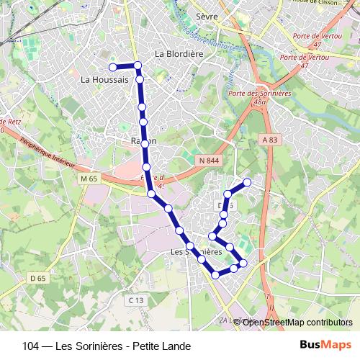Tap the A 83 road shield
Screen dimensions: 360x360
coord(270,139)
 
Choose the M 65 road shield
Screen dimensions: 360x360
coord(89,178)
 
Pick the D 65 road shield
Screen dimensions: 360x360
coord(37,278)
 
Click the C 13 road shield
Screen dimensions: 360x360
coord(136,300)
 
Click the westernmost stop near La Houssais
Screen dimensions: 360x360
coord(112,67)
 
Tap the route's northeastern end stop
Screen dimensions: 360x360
coord(248,181)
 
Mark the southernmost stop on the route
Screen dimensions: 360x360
coord(215,275)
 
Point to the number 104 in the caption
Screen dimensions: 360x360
coord(31,346)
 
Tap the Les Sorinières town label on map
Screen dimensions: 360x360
coord(197,253)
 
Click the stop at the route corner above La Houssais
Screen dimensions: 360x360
coord(138,66)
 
